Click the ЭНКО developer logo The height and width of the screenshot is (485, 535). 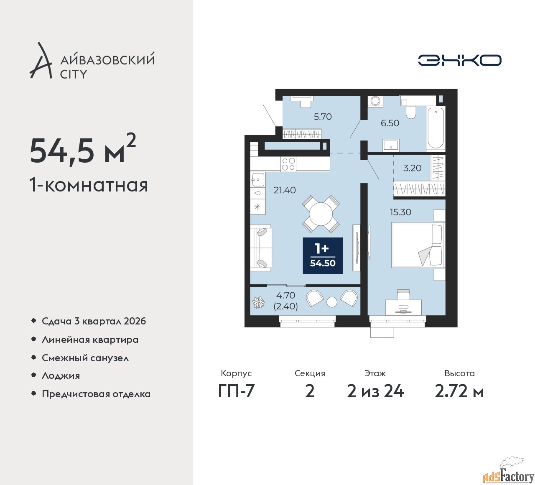click(459, 60)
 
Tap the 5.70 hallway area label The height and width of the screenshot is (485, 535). click(322, 117)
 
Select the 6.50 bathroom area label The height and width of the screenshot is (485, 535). click(390, 123)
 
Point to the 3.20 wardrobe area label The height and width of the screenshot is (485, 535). click(412, 168)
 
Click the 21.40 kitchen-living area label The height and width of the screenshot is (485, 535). click(285, 190)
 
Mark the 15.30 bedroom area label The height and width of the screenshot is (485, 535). click(400, 212)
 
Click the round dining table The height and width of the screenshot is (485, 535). click(321, 214)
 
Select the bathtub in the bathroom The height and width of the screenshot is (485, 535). click(435, 128)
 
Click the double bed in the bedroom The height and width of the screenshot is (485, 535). click(418, 245)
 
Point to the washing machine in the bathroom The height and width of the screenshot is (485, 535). click(375, 101)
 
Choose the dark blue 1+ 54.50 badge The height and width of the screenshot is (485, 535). click(323, 255)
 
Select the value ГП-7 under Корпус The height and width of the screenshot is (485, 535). click(236, 392)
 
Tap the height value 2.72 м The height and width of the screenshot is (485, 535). click(459, 392)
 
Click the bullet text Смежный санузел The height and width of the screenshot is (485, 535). click(85, 358)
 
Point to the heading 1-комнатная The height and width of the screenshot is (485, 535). click(89, 185)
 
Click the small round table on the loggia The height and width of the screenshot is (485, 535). click(332, 302)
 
